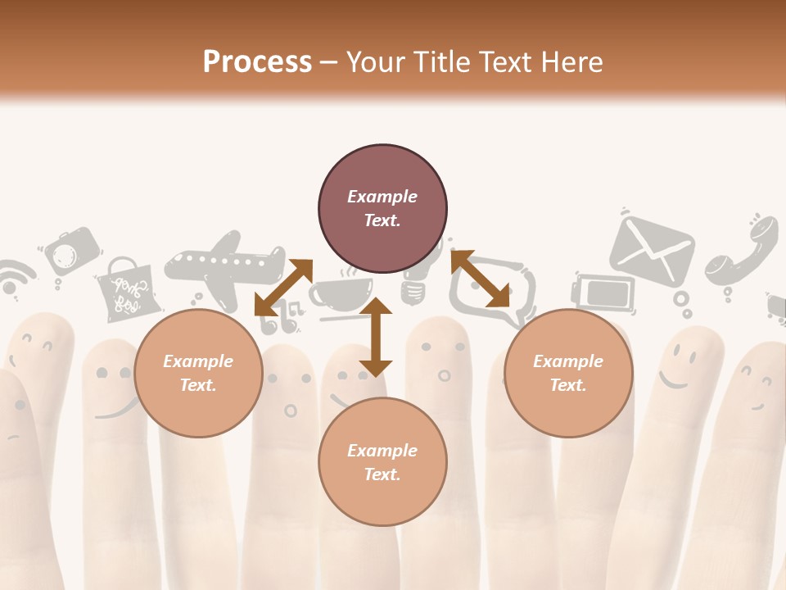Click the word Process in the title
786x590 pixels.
tap(257, 62)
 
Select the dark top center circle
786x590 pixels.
tap(382, 209)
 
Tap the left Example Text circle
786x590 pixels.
tap(198, 374)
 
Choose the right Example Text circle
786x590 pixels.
tap(568, 374)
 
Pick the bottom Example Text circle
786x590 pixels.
tap(382, 462)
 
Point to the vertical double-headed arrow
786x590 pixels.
tap(376, 337)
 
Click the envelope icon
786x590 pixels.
tap(652, 250)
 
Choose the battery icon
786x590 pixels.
tap(604, 292)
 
